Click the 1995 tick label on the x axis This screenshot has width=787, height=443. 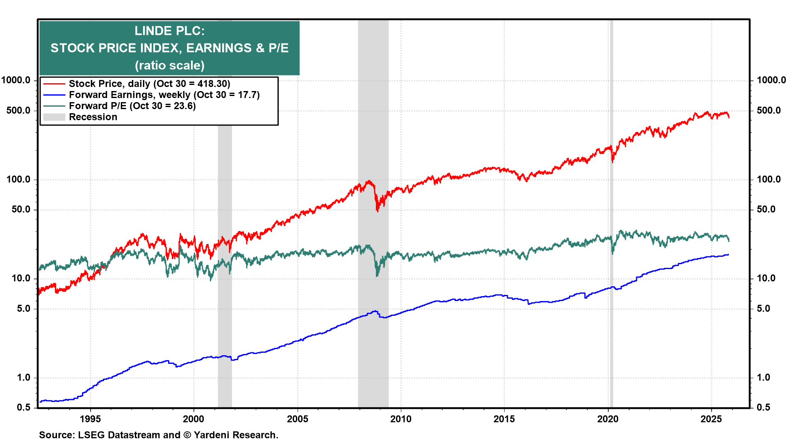point(90,419)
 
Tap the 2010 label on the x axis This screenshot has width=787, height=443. point(400,419)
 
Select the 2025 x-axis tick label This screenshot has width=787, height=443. point(711,419)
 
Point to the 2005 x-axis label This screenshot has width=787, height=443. point(297,419)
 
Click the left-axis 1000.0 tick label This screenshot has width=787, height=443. point(16,80)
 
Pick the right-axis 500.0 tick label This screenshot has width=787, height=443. point(769,110)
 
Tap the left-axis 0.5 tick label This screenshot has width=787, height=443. point(24,407)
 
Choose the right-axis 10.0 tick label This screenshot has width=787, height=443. point(766,279)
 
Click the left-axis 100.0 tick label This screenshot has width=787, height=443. point(18,179)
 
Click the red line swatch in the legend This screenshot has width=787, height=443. point(54,84)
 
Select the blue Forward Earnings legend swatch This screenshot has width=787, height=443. point(54,95)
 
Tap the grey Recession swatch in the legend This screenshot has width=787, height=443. point(54,117)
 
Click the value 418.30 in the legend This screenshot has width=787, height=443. point(212,84)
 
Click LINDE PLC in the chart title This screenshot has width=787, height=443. point(169,31)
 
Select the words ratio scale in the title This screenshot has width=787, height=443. point(170,65)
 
